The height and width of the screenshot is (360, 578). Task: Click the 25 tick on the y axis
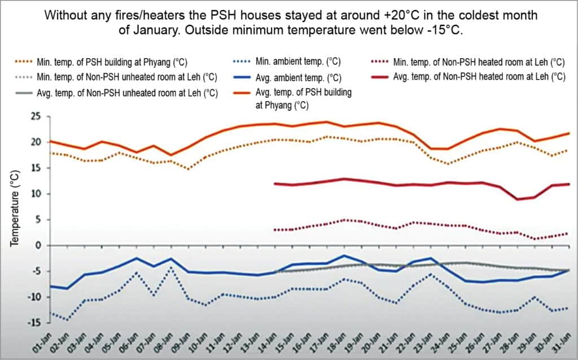coord(37,116)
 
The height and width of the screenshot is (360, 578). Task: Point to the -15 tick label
coord(36,322)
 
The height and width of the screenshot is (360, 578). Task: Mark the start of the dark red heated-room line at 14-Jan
coord(274,183)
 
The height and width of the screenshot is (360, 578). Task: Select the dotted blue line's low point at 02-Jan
coord(68,320)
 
